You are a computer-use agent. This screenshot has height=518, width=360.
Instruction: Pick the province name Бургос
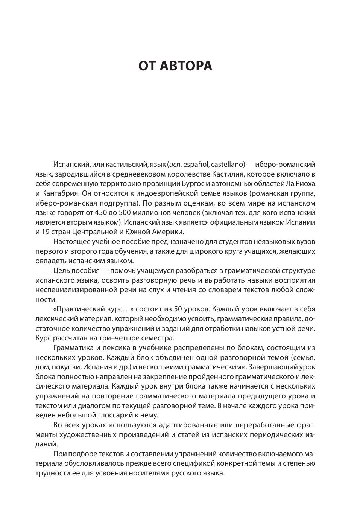192,184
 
